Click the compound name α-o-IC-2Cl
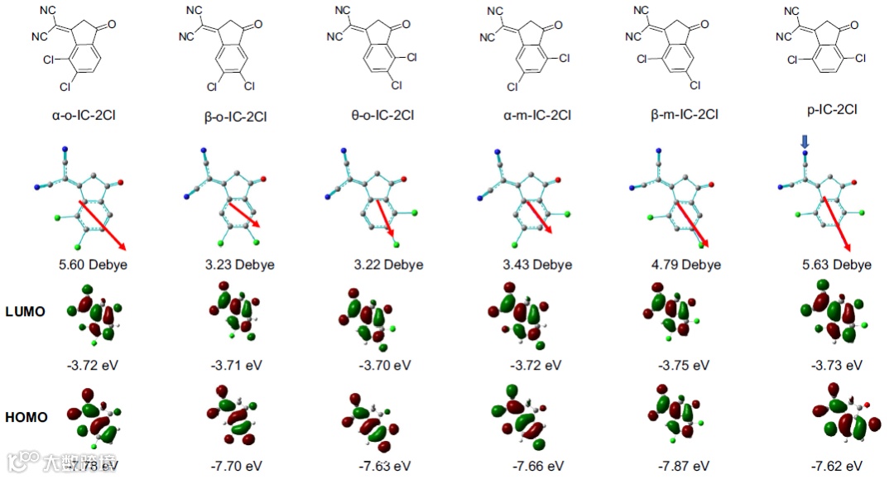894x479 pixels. [x=83, y=115]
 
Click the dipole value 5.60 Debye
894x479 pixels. [x=93, y=265]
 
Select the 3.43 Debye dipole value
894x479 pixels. [x=538, y=265]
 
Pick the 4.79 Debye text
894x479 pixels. [x=685, y=265]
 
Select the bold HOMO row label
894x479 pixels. [x=26, y=418]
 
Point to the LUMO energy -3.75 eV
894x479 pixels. [x=684, y=365]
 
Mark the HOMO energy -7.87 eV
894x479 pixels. [x=685, y=466]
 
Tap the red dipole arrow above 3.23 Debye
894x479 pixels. [x=244, y=214]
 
